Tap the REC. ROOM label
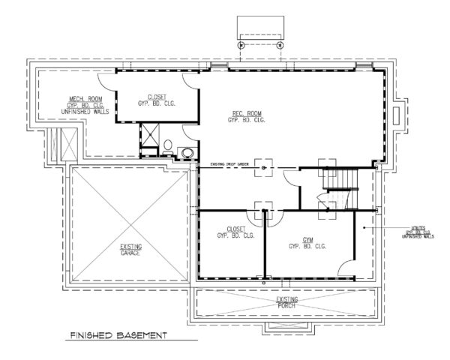click(247, 117)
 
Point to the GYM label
click(307, 243)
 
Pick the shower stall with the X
click(150, 136)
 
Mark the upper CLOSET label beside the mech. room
click(157, 100)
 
